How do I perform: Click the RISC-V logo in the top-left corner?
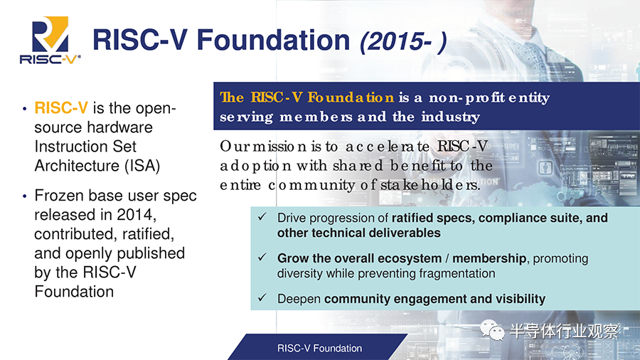point(50,40)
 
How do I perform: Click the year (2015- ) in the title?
point(403,41)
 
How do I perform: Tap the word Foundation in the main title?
point(274,40)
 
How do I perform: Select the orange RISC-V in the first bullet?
point(61,107)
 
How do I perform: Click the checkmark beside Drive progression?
point(262,217)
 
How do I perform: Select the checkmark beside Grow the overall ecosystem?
point(262,257)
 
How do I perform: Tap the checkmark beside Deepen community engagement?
point(262,297)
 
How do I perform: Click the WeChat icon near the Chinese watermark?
point(492,330)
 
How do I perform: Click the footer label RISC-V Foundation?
point(319,348)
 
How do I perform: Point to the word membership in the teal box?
point(489,258)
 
